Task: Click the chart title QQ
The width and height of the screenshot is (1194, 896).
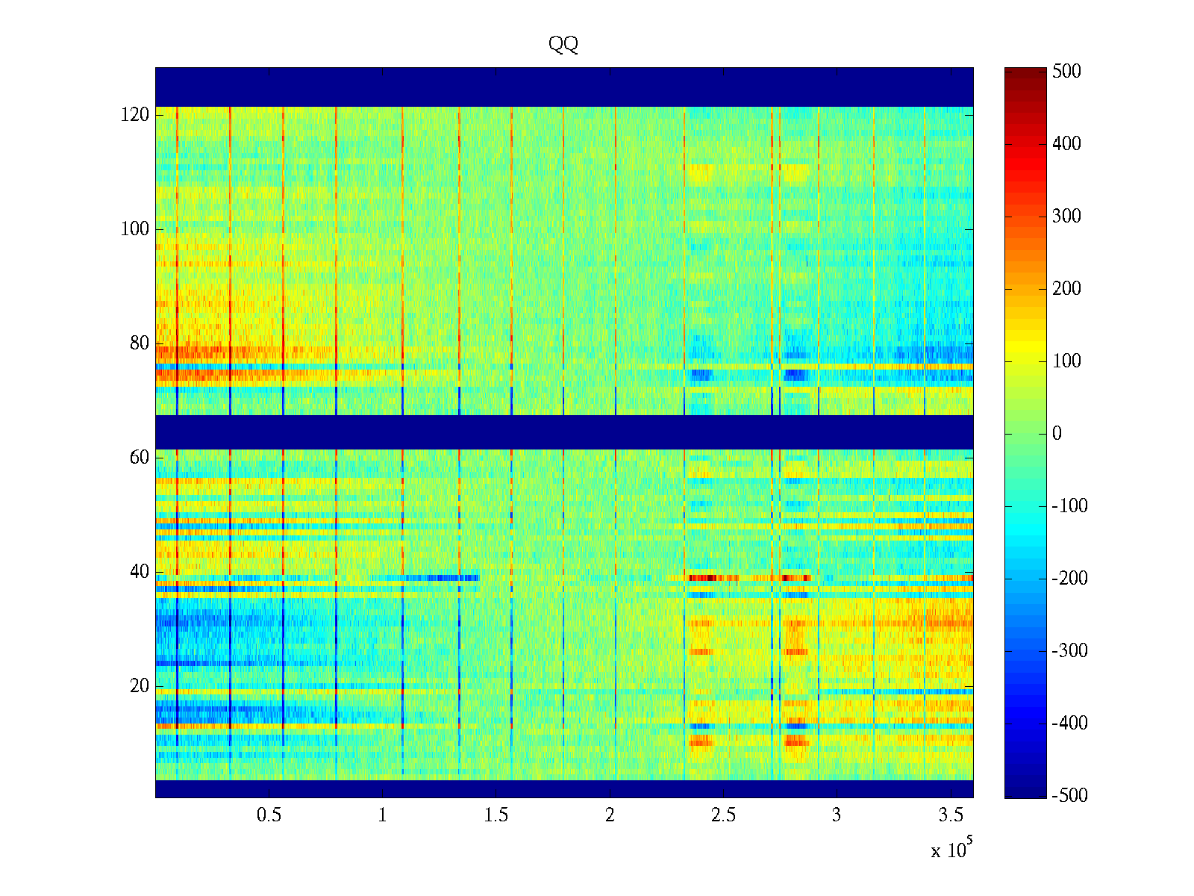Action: pyautogui.click(x=563, y=44)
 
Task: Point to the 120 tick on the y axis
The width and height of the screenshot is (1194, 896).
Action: pyautogui.click(x=135, y=115)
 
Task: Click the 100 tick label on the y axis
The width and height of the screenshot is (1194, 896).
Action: pyautogui.click(x=135, y=229)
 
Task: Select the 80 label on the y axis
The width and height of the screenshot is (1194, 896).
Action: pyautogui.click(x=140, y=343)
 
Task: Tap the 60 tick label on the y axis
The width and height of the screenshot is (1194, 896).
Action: pyautogui.click(x=140, y=458)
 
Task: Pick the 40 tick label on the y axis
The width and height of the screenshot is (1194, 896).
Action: pyautogui.click(x=140, y=572)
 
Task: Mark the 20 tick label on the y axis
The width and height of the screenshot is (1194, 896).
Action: pyautogui.click(x=140, y=686)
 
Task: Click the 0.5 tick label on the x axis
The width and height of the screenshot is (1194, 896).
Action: pyautogui.click(x=269, y=815)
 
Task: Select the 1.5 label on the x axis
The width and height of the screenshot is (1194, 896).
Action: pyautogui.click(x=496, y=815)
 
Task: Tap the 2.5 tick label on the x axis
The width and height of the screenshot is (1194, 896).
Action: pyautogui.click(x=723, y=815)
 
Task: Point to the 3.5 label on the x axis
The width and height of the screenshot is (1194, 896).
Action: pyautogui.click(x=950, y=815)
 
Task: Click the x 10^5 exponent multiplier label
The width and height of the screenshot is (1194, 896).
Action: pyautogui.click(x=951, y=849)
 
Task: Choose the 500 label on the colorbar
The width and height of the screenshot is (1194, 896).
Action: pyautogui.click(x=1066, y=72)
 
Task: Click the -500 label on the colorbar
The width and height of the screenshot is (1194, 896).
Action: pyautogui.click(x=1069, y=796)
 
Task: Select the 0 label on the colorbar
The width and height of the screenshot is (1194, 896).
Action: pyautogui.click(x=1057, y=434)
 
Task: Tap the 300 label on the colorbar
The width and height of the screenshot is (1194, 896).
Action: pyautogui.click(x=1066, y=217)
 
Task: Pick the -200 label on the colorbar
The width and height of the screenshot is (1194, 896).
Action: pyautogui.click(x=1069, y=579)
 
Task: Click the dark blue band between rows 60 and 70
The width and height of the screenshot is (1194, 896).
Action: pyautogui.click(x=564, y=432)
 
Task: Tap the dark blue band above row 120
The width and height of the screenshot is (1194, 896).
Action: pyautogui.click(x=564, y=87)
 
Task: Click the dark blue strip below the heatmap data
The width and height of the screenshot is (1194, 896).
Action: pyautogui.click(x=564, y=788)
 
